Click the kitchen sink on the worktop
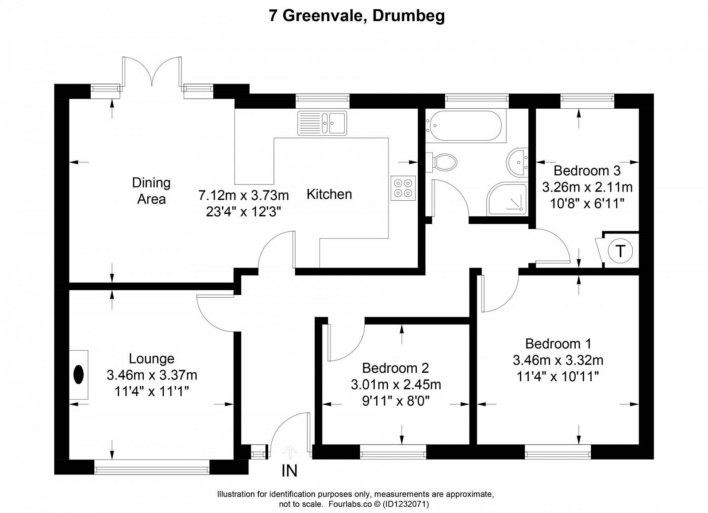[322, 123]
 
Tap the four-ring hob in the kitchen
[403, 188]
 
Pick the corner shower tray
[507, 199]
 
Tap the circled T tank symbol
[620, 251]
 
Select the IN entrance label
[289, 471]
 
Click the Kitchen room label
[329, 194]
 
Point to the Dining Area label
[151, 191]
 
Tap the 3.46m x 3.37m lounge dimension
[152, 375]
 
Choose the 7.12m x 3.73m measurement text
[244, 195]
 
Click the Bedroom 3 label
[587, 171]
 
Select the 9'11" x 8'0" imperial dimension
[396, 401]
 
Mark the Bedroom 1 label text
[558, 343]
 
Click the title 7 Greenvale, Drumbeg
[357, 15]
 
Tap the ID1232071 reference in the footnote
[406, 504]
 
